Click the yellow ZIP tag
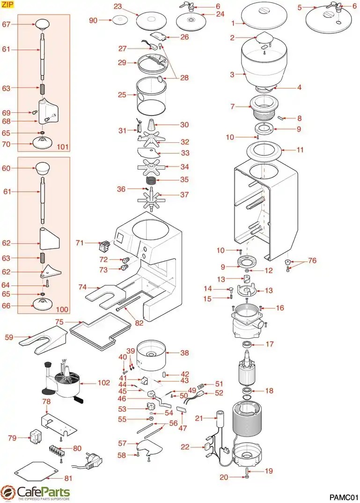click(8, 5)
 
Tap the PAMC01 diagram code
click(344, 496)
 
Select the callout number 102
click(103, 383)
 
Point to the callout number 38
click(184, 354)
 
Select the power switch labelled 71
click(106, 243)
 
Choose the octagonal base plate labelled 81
click(37, 470)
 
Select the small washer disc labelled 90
click(119, 20)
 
